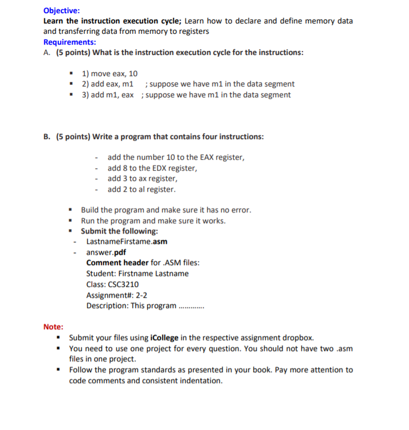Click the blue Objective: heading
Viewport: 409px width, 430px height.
click(x=62, y=10)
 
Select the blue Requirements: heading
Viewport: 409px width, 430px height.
click(x=70, y=42)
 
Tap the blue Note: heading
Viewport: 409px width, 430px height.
click(x=53, y=327)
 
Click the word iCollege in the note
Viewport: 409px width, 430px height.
click(x=167, y=338)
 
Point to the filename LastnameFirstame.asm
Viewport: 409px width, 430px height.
click(x=127, y=242)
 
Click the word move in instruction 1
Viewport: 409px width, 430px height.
click(x=101, y=74)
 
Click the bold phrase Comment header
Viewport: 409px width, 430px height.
click(x=117, y=263)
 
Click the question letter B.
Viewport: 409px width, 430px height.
click(x=46, y=137)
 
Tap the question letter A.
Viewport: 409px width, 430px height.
click(x=46, y=53)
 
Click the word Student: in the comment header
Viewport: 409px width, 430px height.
click(x=101, y=274)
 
